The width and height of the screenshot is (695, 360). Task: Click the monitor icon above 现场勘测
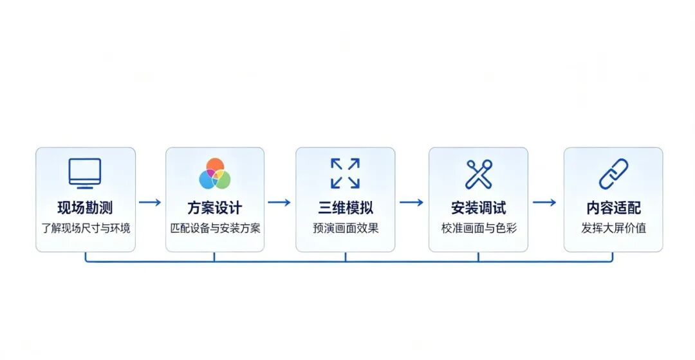click(85, 173)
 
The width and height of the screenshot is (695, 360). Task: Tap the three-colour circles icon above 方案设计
click(214, 174)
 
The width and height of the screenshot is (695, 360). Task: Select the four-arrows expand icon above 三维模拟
click(346, 173)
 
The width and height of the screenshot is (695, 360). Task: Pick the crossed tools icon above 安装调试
click(479, 174)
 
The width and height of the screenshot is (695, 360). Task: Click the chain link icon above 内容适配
click(613, 174)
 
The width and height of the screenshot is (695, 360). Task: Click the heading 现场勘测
click(85, 207)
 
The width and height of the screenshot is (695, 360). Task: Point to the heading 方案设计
click(214, 207)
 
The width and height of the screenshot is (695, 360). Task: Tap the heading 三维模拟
click(346, 207)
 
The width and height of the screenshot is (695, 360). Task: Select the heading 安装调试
click(479, 207)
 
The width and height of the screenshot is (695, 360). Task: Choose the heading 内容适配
click(613, 207)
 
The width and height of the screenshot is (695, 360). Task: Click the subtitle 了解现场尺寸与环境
click(86, 229)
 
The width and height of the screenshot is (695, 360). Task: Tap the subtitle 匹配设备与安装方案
click(216, 229)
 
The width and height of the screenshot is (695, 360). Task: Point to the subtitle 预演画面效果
click(346, 229)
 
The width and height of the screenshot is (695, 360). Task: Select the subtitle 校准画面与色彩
click(479, 229)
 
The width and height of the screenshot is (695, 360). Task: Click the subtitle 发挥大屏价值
click(614, 229)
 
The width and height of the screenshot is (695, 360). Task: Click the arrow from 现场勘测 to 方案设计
click(150, 203)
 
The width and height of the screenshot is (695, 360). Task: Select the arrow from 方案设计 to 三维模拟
click(279, 203)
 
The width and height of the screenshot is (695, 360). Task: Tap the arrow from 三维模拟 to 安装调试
click(411, 203)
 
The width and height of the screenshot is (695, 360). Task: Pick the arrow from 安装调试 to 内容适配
click(544, 203)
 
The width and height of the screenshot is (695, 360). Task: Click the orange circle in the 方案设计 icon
click(215, 165)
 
